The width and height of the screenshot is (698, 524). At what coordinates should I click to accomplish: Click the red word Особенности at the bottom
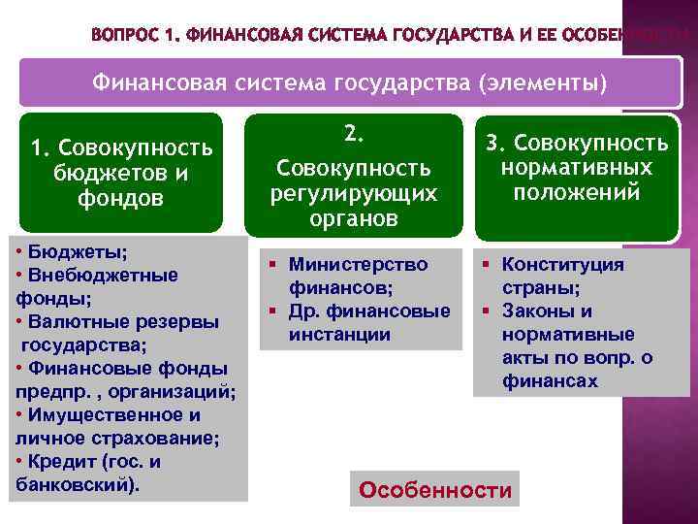434,490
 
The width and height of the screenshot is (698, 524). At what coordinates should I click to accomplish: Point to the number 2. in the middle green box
353,134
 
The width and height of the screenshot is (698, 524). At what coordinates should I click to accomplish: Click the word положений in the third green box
577,192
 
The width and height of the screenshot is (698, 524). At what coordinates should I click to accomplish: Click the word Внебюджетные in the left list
102,275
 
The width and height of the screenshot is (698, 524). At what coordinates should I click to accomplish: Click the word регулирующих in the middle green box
353,194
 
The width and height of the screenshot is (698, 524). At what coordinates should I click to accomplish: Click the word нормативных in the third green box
577,168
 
